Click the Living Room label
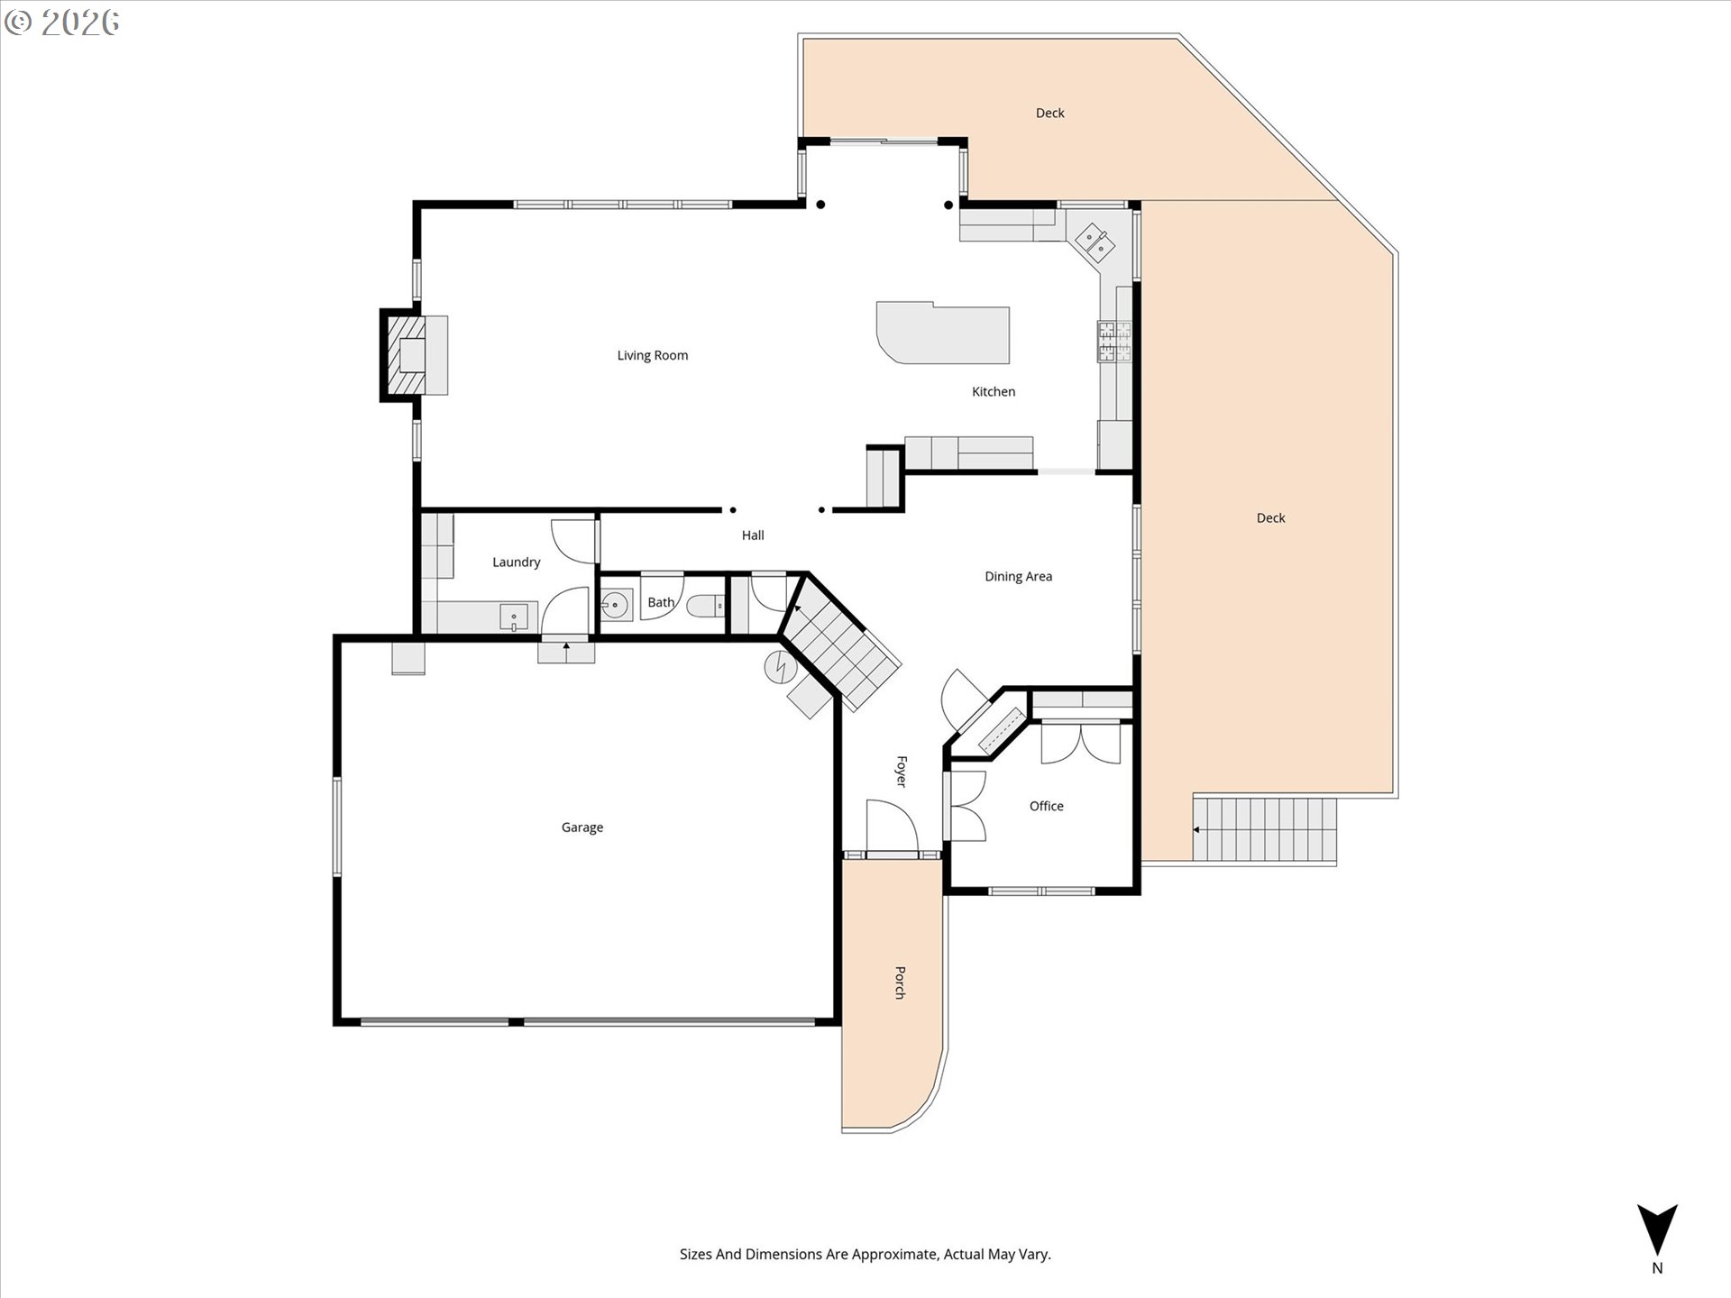[x=652, y=355]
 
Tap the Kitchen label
[x=994, y=391]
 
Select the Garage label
[x=582, y=827]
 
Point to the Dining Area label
[x=1018, y=576]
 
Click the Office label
[x=1046, y=806]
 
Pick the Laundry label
[x=516, y=562]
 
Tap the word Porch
[x=900, y=983]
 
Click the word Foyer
[x=901, y=772]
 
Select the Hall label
[x=753, y=535]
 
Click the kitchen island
[x=943, y=333]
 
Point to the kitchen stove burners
[x=1113, y=342]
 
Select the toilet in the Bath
[x=705, y=606]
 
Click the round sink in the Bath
[x=617, y=605]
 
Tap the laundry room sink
[x=514, y=617]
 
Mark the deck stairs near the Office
[x=1264, y=828]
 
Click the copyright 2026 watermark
[x=61, y=23]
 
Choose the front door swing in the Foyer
[x=892, y=824]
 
